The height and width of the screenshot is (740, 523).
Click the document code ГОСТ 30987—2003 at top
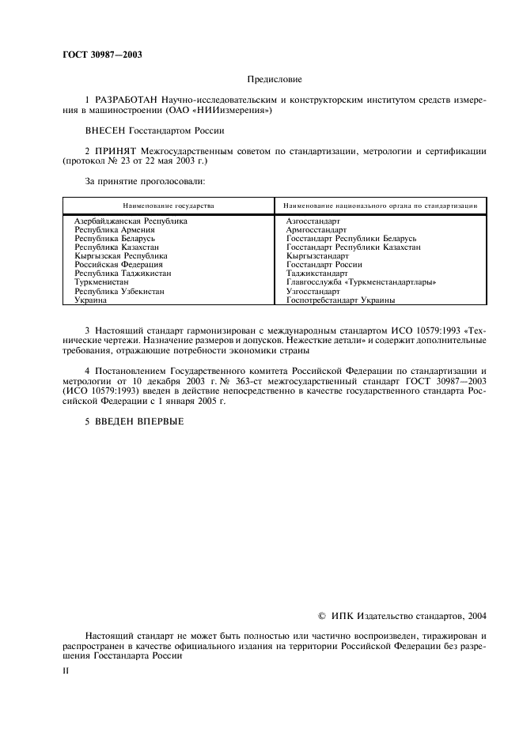[97, 55]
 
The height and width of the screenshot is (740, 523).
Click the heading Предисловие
[275, 79]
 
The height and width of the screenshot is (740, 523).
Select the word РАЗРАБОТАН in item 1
[127, 100]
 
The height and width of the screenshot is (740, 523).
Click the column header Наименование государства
[169, 206]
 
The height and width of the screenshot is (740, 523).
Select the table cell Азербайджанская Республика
[131, 221]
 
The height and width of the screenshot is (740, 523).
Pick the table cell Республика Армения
[114, 229]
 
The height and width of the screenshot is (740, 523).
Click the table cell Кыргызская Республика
[120, 256]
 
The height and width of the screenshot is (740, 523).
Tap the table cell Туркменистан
[100, 282]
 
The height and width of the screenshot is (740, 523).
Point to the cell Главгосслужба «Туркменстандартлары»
[362, 282]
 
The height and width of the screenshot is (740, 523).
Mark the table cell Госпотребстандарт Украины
[341, 300]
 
